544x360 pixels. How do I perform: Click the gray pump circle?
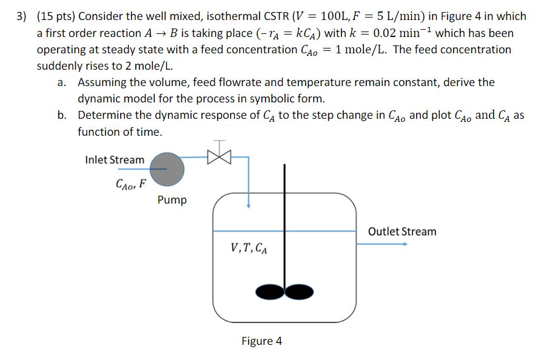(167, 167)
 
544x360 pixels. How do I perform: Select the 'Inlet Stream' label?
(115, 160)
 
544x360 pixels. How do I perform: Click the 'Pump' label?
(172, 200)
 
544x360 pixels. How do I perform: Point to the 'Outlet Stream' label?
(402, 232)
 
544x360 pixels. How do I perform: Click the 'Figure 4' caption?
(261, 341)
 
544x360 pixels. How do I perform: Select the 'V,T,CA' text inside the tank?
(249, 248)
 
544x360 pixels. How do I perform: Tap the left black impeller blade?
(270, 292)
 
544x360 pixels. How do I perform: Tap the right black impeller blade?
(297, 292)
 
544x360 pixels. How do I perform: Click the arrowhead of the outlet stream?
(404, 244)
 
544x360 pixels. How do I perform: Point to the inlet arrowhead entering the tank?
(248, 207)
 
